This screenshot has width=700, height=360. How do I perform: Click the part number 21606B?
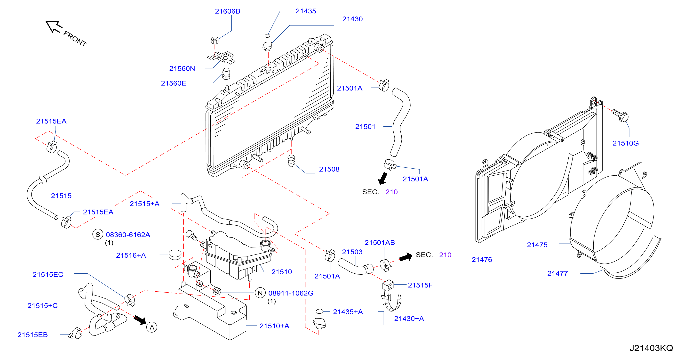tap(227, 11)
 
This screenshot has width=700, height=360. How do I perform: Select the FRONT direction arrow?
tap(54, 26)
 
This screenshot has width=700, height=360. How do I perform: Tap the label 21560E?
tap(173, 83)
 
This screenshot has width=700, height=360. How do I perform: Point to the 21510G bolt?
tap(620, 115)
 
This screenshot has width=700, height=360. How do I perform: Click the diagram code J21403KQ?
tap(651, 348)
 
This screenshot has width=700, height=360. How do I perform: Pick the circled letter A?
tap(152, 327)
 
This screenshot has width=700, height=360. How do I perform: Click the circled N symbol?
tap(260, 293)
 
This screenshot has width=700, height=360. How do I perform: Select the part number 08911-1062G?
tap(291, 293)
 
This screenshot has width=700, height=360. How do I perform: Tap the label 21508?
tap(329, 169)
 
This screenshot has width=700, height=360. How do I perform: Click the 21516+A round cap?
tap(175, 255)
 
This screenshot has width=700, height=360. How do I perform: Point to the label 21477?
tap(557, 273)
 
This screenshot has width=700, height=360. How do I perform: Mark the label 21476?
tap(482, 259)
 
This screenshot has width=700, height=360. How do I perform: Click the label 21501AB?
tap(380, 242)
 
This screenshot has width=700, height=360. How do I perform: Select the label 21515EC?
tap(48, 274)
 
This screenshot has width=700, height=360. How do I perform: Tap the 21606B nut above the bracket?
tap(215, 41)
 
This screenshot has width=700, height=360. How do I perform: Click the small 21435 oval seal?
tap(267, 36)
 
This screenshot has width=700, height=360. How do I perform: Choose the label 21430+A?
tap(409, 319)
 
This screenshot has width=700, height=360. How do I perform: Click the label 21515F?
tap(420, 285)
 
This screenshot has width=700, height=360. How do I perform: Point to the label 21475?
tap(537, 245)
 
